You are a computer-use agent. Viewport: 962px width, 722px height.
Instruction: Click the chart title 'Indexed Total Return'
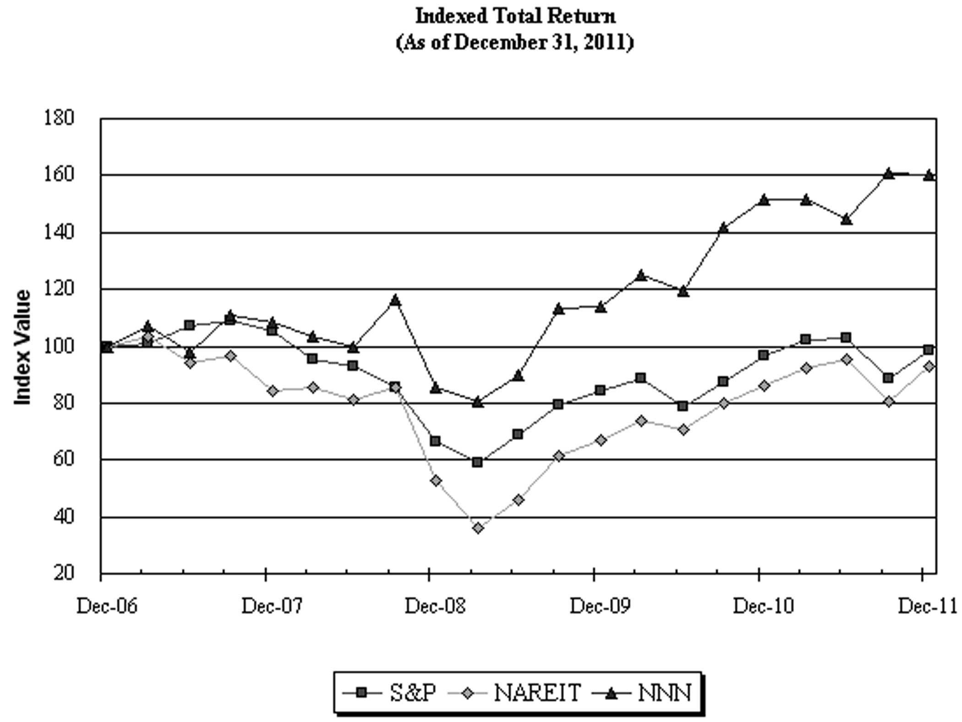click(515, 17)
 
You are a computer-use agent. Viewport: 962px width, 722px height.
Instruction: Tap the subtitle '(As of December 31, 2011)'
click(515, 43)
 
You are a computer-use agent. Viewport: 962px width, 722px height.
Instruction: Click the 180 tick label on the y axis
click(59, 118)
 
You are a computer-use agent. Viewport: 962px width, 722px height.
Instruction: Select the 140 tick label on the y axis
click(59, 233)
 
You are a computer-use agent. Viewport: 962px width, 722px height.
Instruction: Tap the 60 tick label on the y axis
click(63, 459)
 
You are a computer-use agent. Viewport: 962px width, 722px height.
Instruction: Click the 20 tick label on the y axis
click(63, 573)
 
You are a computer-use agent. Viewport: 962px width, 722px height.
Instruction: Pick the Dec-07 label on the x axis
click(272, 606)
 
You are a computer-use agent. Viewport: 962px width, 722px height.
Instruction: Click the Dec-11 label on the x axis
click(927, 606)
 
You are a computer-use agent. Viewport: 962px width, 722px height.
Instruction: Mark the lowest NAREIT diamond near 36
click(478, 528)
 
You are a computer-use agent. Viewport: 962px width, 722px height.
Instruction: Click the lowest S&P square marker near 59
click(477, 462)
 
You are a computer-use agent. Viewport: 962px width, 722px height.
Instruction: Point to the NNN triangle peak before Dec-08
click(395, 301)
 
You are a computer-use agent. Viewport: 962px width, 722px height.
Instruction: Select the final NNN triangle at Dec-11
click(929, 175)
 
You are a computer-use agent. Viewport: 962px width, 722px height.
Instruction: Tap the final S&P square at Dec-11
click(929, 350)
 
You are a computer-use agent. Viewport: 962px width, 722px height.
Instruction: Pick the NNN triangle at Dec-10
click(763, 200)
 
